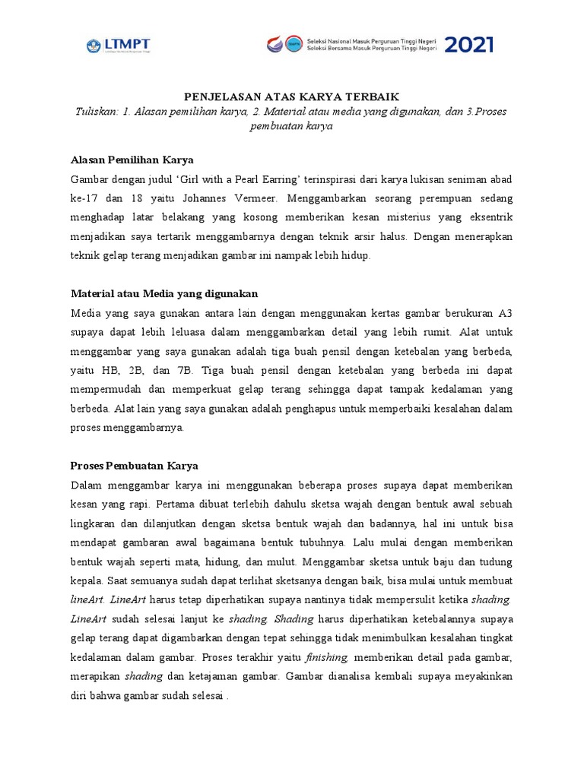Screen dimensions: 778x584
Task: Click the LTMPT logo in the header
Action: point(121,46)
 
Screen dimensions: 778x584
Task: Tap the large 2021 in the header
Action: point(468,45)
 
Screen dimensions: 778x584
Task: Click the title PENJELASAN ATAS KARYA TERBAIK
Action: point(292,96)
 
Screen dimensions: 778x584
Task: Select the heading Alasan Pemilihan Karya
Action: point(132,160)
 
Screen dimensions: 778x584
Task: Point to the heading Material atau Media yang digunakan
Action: point(164,293)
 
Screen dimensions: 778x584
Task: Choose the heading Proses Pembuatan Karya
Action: point(134,465)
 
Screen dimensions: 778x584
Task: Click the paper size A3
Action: point(505,312)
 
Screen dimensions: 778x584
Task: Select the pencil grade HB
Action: point(111,370)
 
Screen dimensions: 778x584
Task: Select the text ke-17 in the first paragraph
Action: point(84,198)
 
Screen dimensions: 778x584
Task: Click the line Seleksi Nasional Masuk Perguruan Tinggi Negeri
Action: point(371,40)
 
